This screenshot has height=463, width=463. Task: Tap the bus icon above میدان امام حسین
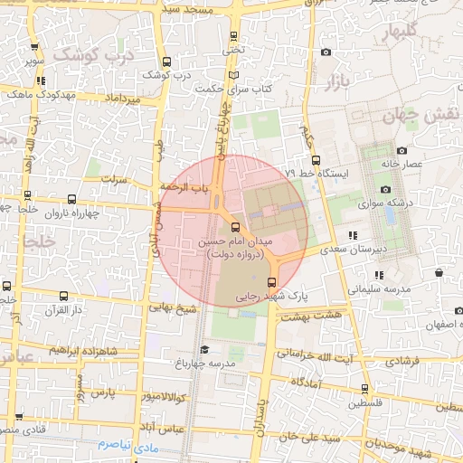[236, 228]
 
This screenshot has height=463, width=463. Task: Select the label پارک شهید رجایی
[271, 296]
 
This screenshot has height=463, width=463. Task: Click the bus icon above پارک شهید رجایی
[271, 282]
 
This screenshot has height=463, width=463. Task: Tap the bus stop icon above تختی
[235, 37]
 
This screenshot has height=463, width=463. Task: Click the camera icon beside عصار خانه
[401, 151]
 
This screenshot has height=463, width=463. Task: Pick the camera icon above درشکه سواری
[386, 189]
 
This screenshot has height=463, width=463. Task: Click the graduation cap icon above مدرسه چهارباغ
[204, 349]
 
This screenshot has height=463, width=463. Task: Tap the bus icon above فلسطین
[365, 389]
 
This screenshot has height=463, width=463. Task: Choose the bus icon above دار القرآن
[63, 297]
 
